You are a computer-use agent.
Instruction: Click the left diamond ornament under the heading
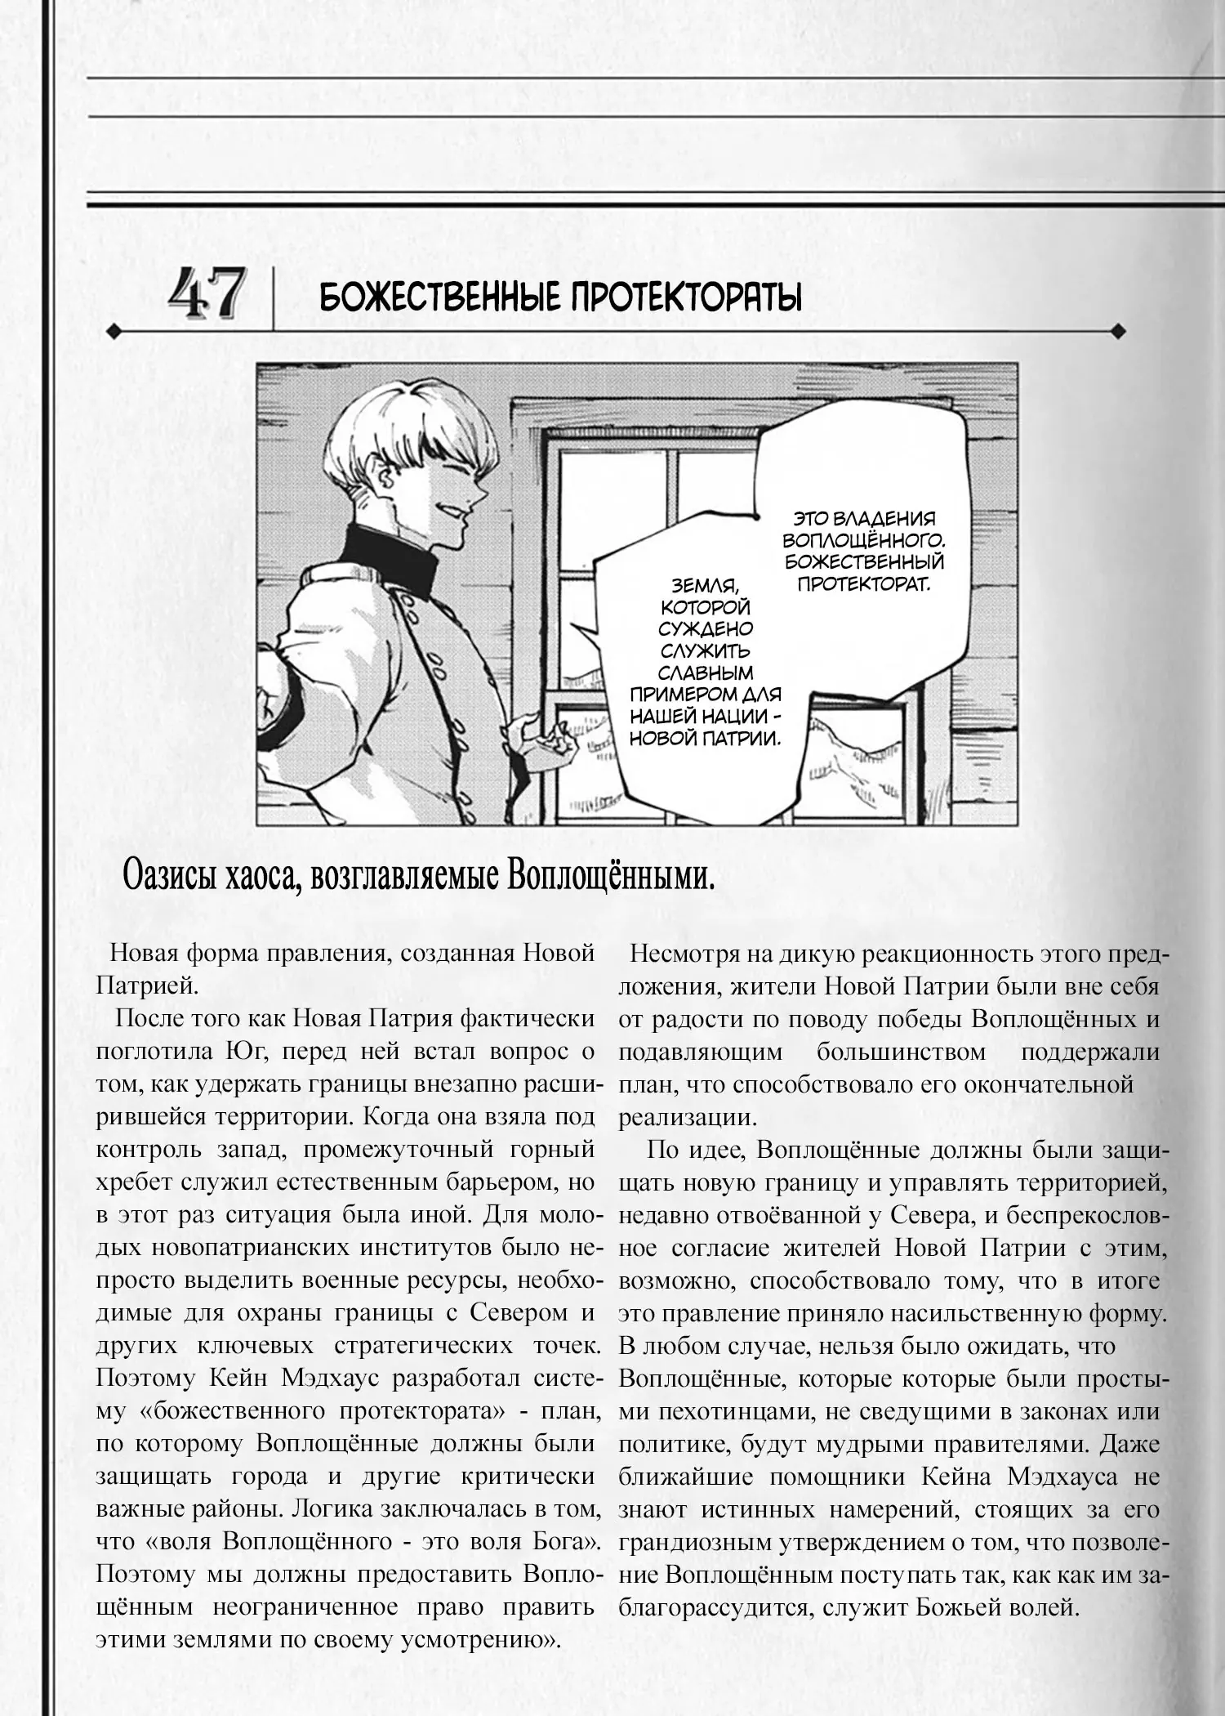[114, 332]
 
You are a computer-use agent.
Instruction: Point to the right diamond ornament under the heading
[1118, 332]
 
